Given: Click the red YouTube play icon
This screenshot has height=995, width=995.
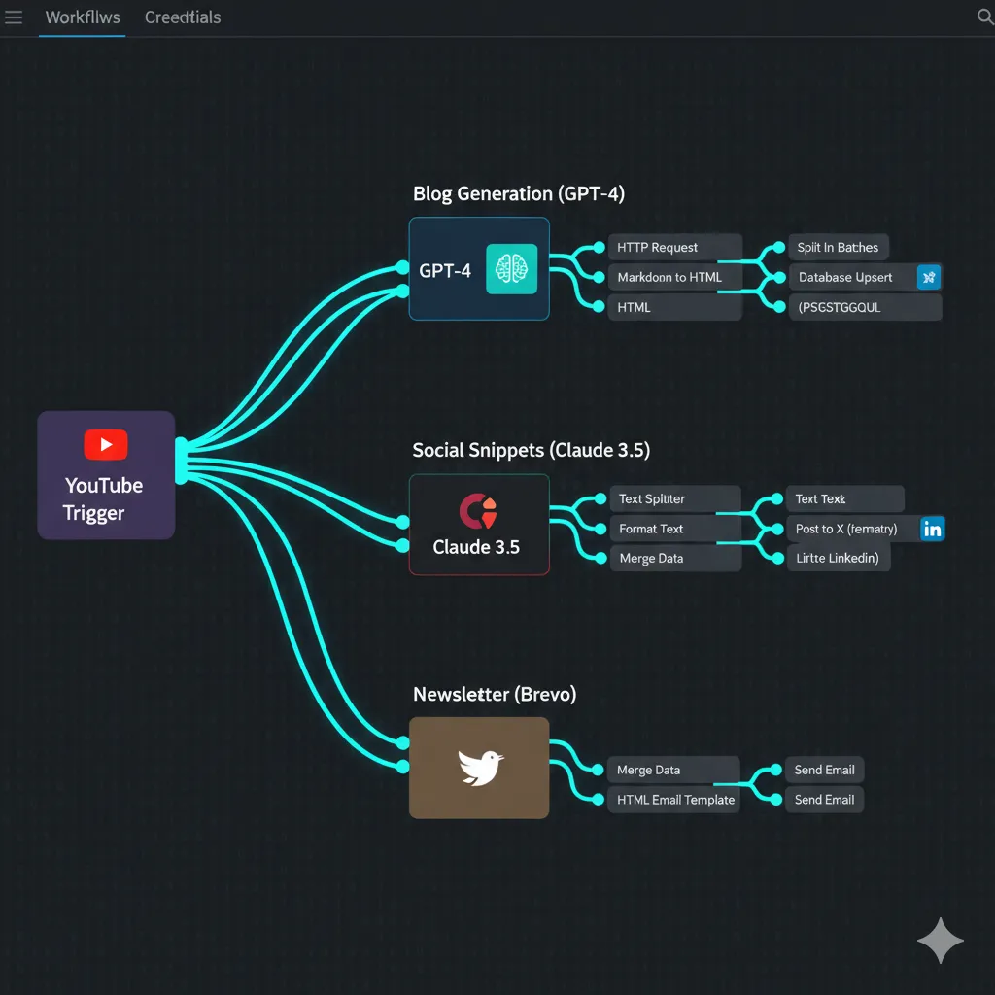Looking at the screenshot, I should tap(106, 445).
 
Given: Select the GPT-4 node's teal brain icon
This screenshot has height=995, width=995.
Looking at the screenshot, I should tap(511, 269).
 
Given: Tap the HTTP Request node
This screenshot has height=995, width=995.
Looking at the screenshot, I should tap(673, 248).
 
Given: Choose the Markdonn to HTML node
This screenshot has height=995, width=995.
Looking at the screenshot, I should tap(673, 278).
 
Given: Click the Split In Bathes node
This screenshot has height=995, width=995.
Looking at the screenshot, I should tap(838, 248).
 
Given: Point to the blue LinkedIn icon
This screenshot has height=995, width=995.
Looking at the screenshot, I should tap(933, 529).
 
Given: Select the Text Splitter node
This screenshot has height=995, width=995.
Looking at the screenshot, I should tap(673, 499).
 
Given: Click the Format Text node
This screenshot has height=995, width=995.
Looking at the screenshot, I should tap(673, 530).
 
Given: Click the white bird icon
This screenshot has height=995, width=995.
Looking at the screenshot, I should tap(481, 768).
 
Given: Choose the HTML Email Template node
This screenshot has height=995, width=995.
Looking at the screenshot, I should tap(673, 801).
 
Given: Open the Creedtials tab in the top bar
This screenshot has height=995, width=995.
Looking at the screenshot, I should tap(183, 17).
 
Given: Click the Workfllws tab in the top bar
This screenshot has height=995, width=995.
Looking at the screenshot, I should tap(83, 17).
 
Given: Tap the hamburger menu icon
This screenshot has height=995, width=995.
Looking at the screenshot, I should tap(14, 17).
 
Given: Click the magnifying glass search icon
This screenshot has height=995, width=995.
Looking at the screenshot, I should tap(983, 17).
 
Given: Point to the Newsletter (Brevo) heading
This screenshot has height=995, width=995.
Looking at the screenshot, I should tap(495, 695).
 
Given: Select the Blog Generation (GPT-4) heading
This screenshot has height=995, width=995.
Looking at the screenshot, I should tap(519, 194).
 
